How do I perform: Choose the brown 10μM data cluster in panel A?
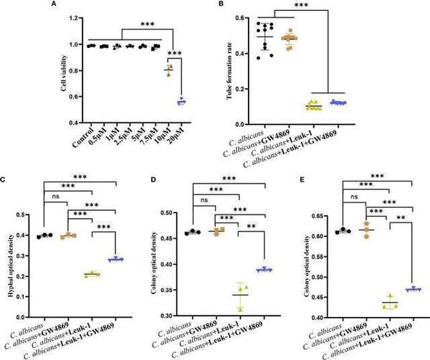pos(168,70)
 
